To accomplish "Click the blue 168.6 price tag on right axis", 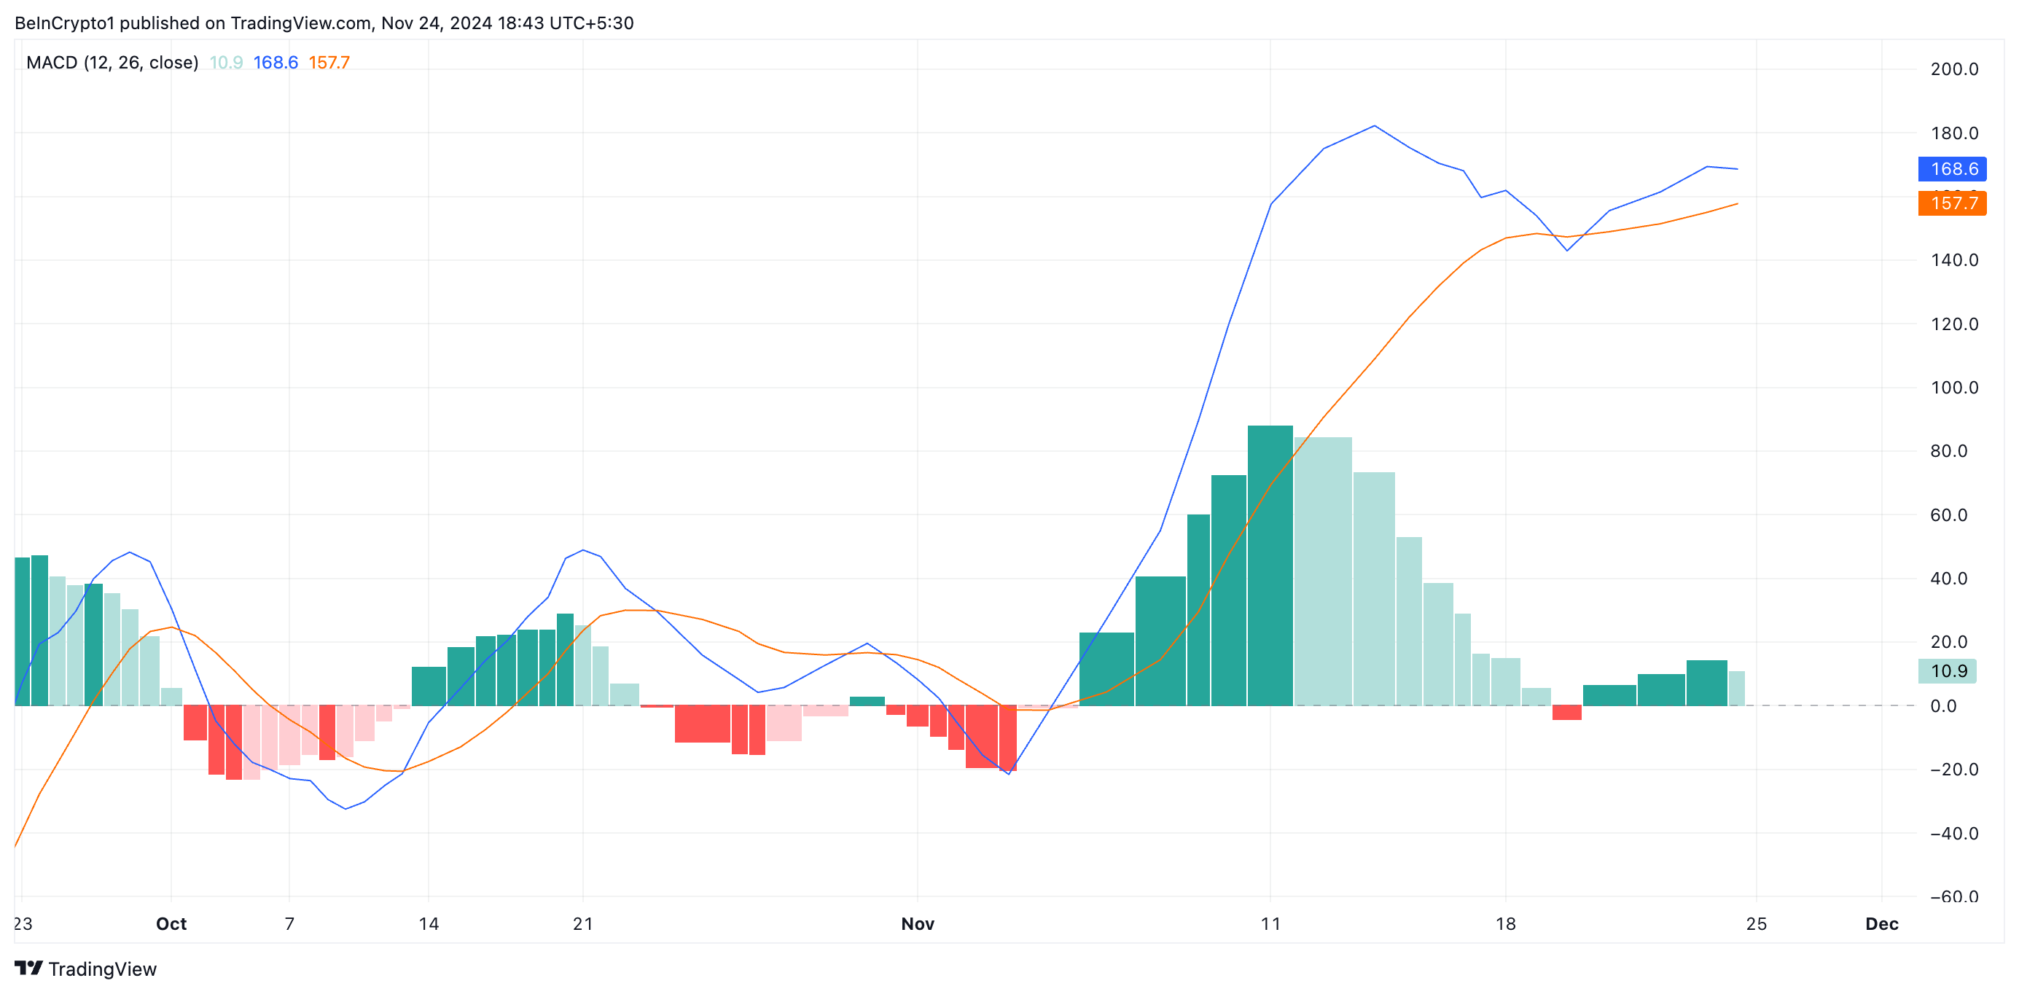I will tap(1952, 168).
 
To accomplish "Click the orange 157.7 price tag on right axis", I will tap(1952, 203).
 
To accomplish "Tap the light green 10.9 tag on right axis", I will tap(1947, 671).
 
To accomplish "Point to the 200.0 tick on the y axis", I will tap(1953, 69).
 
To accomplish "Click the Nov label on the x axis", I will tap(917, 923).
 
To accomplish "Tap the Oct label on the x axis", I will tap(171, 923).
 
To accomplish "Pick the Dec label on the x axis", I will tap(1881, 923).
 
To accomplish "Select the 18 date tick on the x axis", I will tap(1505, 923).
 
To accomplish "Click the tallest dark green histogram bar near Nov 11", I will tap(1270, 565).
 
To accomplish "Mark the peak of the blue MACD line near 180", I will tap(1374, 125).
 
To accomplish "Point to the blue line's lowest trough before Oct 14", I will tap(345, 808).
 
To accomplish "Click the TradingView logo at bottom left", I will tap(86, 969).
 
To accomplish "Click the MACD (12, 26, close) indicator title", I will tap(112, 63).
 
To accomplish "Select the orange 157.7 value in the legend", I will tap(329, 63).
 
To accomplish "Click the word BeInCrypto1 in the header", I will tap(64, 23).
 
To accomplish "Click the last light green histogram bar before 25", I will tap(1736, 688).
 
